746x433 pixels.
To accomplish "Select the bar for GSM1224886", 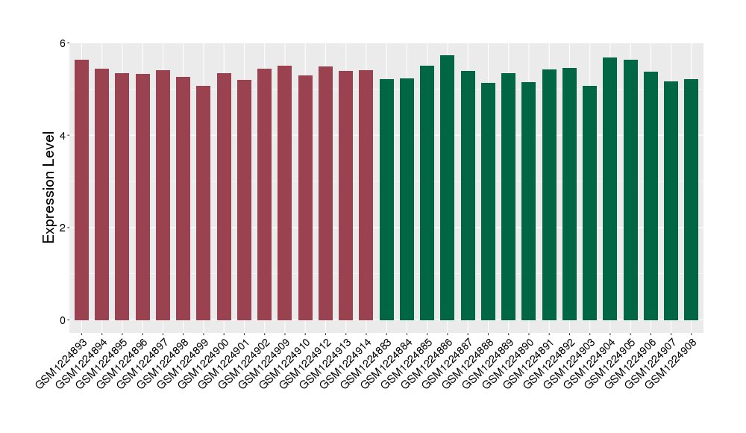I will [x=448, y=187].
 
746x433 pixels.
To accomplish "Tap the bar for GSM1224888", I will [x=488, y=202].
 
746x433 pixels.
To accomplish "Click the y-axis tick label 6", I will [x=63, y=43].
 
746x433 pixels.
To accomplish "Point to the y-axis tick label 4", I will [x=63, y=136].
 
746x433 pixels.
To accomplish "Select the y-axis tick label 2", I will [x=63, y=228].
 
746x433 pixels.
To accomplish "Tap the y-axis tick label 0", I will [x=63, y=320].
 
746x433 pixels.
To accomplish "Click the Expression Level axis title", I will [x=49, y=187].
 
